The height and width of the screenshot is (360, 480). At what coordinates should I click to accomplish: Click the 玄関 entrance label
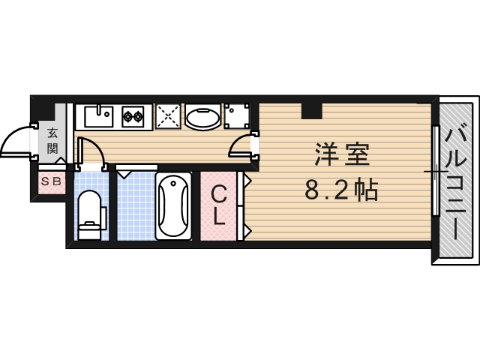52,140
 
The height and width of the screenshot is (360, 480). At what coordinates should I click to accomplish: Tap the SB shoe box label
52,181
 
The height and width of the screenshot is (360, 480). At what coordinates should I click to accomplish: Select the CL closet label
218,205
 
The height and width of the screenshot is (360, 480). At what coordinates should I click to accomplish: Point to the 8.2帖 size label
340,191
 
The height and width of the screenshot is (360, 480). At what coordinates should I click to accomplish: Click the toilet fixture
90,214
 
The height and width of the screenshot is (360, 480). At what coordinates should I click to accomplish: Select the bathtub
173,206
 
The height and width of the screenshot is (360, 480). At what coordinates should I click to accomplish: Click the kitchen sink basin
98,116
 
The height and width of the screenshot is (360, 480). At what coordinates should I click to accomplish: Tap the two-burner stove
133,116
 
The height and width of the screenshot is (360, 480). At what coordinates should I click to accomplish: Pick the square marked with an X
168,116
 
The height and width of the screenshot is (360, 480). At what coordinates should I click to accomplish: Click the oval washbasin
202,117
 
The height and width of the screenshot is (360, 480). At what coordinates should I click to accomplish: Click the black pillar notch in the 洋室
310,110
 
